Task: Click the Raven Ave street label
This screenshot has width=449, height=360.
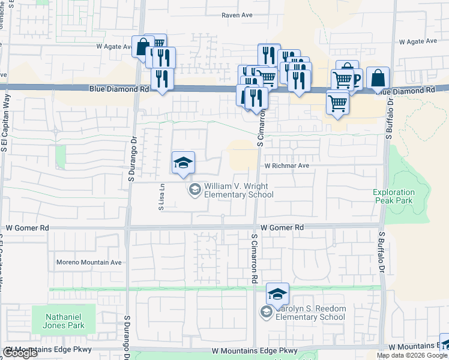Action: (236, 16)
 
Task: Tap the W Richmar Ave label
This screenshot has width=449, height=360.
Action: (286, 166)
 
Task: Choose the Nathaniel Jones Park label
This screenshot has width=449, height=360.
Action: (67, 321)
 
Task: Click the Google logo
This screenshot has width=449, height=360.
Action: (20, 353)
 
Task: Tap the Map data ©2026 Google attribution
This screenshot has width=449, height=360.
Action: (412, 355)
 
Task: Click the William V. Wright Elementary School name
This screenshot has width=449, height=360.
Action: (239, 190)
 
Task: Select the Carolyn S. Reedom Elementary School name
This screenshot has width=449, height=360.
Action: (310, 313)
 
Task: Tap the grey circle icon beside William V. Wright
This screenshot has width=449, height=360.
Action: (194, 190)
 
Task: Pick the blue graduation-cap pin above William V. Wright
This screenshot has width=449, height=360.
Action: (184, 163)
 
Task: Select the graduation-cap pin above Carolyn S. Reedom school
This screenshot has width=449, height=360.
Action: (277, 294)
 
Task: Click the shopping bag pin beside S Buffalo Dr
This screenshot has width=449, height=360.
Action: (378, 79)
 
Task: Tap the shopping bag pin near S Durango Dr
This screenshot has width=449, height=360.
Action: (143, 46)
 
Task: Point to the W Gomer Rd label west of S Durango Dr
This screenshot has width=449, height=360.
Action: (28, 228)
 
